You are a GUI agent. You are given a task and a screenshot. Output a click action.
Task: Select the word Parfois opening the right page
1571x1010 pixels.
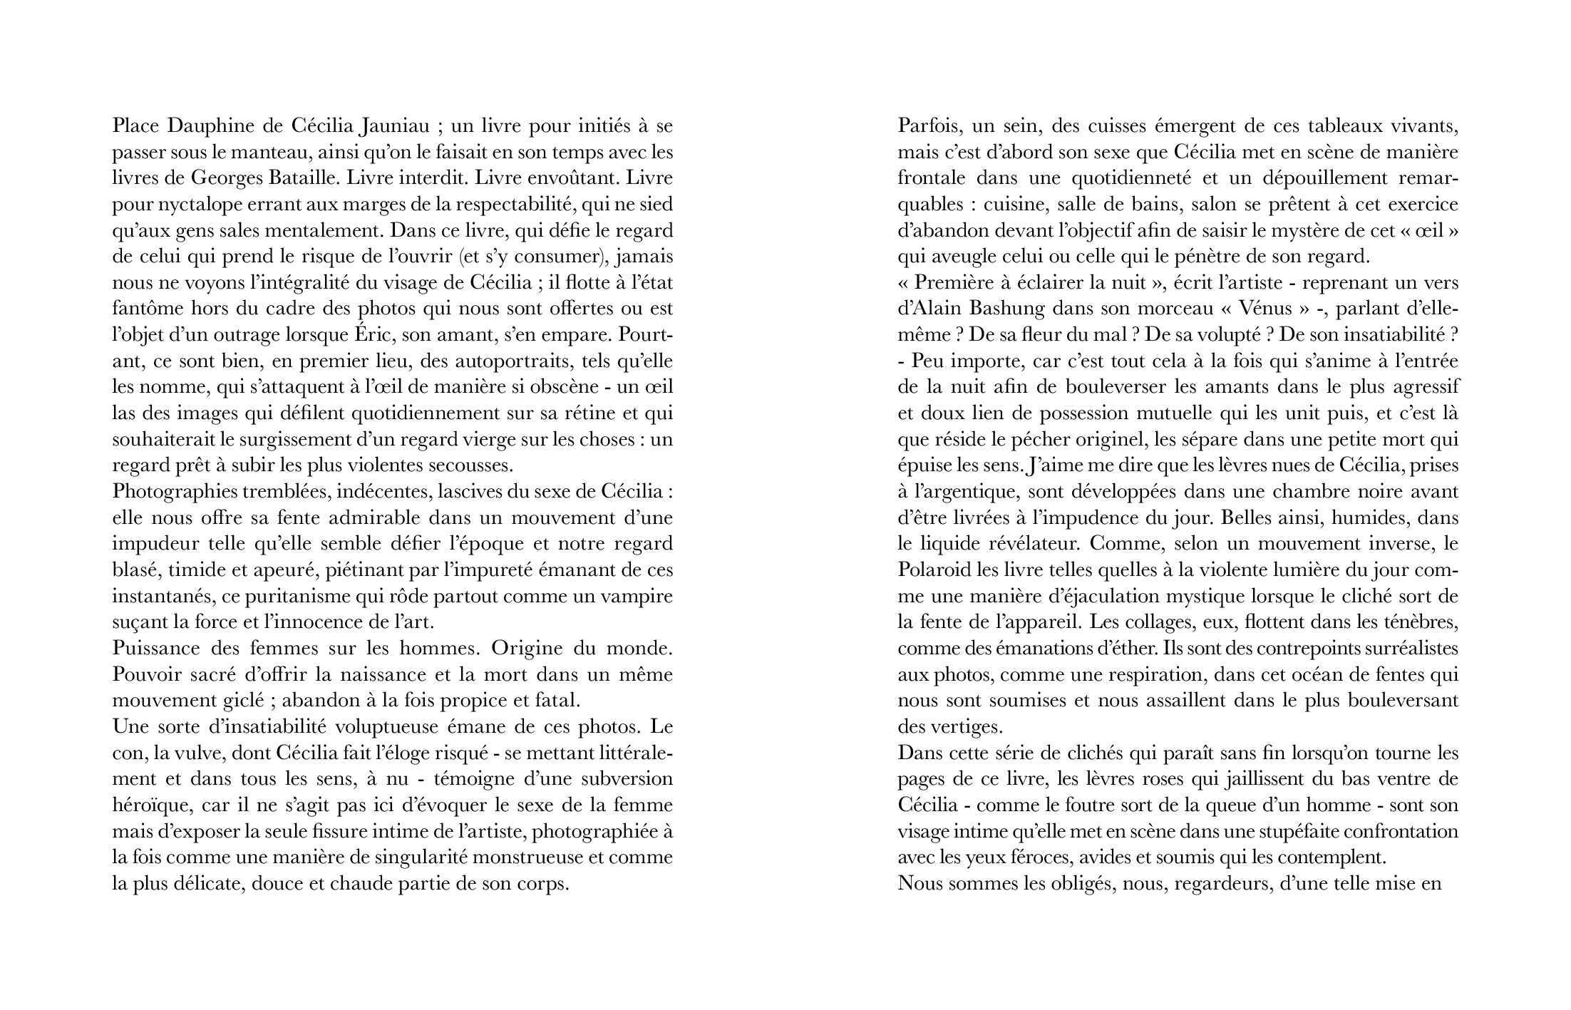(927, 127)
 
